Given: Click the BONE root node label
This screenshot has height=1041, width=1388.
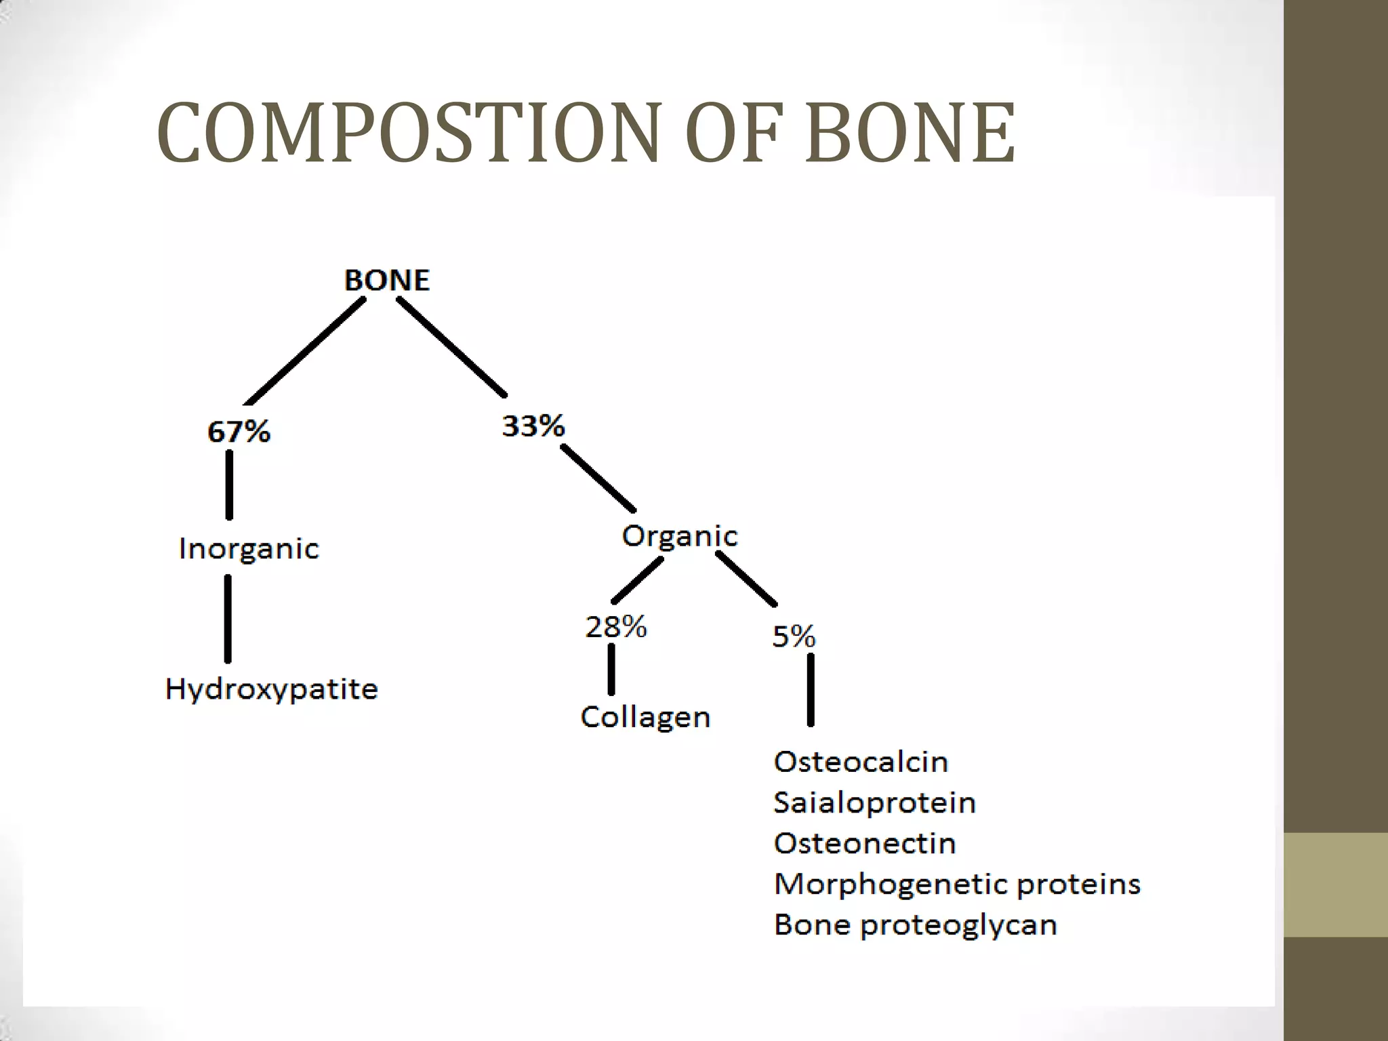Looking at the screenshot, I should [387, 280].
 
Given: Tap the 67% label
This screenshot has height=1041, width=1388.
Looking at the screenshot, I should [239, 432].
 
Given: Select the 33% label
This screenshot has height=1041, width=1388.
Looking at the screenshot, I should [533, 426].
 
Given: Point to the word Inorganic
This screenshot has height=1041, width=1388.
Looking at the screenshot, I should [249, 549].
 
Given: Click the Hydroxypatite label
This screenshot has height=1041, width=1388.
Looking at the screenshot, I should [271, 689].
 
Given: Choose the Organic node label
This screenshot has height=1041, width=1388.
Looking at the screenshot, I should [680, 536].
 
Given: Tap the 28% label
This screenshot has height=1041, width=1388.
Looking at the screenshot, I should [616, 627].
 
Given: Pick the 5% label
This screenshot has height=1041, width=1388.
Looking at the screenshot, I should [794, 636].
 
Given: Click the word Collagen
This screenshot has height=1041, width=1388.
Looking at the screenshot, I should [645, 717].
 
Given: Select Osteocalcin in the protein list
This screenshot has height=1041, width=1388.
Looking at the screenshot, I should [861, 762].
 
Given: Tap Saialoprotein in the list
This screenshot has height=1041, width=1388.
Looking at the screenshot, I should [874, 802].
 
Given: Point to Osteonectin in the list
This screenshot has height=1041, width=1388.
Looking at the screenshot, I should [865, 843].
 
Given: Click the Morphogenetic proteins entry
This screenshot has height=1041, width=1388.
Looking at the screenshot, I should [957, 884].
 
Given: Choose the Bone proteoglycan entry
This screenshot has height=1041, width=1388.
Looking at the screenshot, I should [915, 924].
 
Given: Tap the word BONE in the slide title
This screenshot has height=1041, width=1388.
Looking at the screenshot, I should [910, 133].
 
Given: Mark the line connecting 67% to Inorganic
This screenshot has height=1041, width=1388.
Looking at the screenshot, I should [229, 485].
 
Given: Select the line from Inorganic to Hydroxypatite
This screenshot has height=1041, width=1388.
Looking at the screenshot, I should [228, 618].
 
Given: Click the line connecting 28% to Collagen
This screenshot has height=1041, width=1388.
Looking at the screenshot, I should [611, 669].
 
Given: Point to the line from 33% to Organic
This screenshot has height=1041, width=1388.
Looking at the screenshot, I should [598, 478].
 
